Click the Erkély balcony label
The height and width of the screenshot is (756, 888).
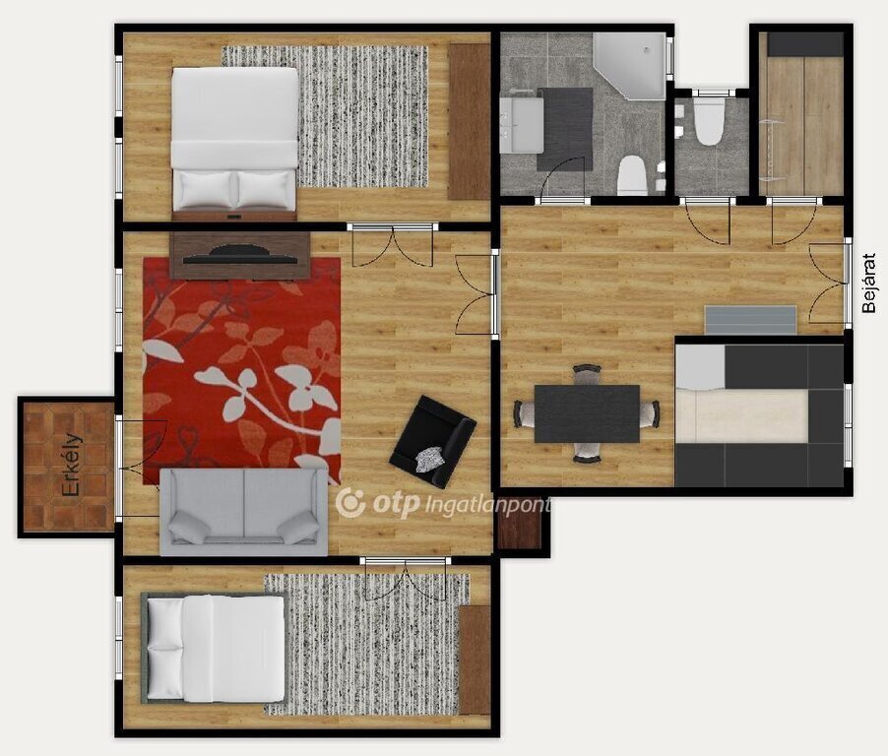coord(71,465)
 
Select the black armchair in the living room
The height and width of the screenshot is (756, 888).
coord(433,441)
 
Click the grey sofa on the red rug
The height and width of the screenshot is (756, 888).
coord(244,511)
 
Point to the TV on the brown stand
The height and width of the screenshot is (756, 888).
coord(240,254)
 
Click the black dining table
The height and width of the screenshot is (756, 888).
coord(588,413)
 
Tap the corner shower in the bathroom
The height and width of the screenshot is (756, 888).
coord(629,65)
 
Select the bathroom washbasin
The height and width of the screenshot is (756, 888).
coord(522,124)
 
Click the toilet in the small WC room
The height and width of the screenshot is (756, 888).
coord(709,122)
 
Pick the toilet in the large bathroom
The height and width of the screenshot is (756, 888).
coord(631,176)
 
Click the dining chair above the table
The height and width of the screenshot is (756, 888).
coord(586,374)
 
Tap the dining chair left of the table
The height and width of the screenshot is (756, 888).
coord(525,413)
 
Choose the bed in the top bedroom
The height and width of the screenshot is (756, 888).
coord(234,144)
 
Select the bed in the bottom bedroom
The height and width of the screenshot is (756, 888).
coord(215,649)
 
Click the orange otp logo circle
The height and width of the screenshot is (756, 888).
coord(350,503)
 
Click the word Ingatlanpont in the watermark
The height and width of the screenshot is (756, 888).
coord(486,505)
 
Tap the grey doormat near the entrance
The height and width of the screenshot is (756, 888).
coord(750,321)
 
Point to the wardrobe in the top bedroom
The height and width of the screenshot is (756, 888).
coord(469,122)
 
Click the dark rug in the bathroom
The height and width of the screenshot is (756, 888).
coord(565,129)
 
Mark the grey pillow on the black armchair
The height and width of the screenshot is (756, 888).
coord(428,460)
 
